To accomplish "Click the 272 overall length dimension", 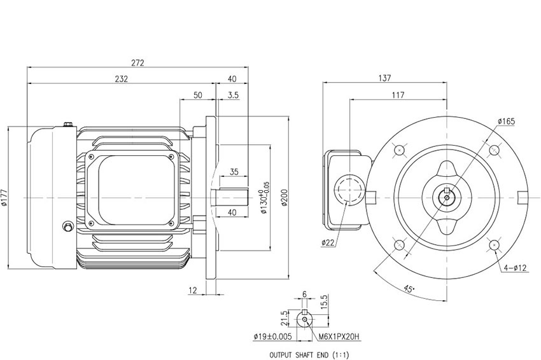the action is point(137,63).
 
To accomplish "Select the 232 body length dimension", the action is point(122,79).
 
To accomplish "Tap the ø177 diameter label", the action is point(4,198).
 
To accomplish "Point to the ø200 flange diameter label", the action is point(285,198).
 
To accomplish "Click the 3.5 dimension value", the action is point(233,95).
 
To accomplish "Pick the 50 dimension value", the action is point(198,95).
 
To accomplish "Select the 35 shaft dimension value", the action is point(234,172).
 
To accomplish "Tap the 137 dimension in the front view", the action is point(384,78).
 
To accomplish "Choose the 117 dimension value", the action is point(398,95).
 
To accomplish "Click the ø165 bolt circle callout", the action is point(506,121).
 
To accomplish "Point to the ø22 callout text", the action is point(328,243).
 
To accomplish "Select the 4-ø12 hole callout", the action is point(515,268).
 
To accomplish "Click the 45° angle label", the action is point(409,289).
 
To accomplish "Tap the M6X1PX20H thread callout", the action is point(339,336).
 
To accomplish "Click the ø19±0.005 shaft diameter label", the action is point(272,336).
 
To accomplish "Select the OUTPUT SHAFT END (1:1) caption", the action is point(309,354).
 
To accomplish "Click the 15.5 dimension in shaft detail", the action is point(324,302).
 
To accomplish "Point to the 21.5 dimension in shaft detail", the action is point(284,318).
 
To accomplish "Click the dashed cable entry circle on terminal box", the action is point(350,190).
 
